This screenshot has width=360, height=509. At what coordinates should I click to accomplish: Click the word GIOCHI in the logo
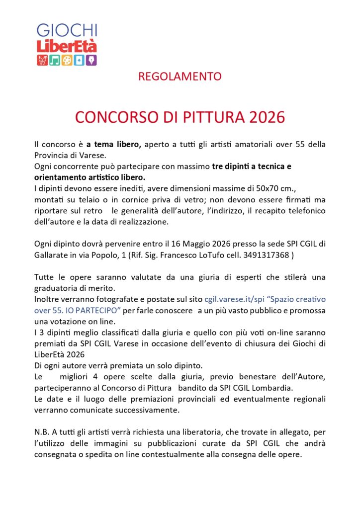click(x=67, y=31)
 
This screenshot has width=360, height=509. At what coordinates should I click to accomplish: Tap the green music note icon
click(x=55, y=60)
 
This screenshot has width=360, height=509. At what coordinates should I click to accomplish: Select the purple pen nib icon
click(x=91, y=60)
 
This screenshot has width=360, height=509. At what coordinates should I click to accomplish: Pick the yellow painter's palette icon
click(x=67, y=60)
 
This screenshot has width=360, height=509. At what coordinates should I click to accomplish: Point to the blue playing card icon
click(x=80, y=60)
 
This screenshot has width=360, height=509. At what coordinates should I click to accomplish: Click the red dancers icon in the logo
click(x=42, y=60)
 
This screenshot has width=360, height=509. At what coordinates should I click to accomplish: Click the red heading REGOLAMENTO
click(x=180, y=77)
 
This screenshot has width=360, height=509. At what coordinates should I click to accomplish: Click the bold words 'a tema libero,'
click(x=114, y=144)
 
